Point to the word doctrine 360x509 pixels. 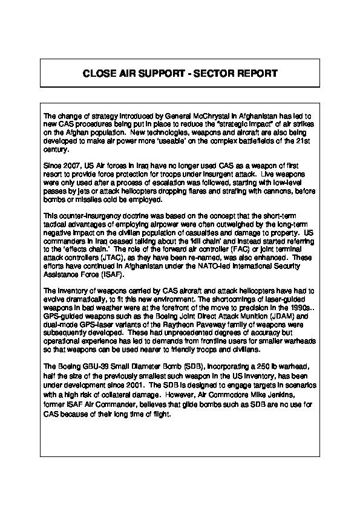[x=112, y=215]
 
